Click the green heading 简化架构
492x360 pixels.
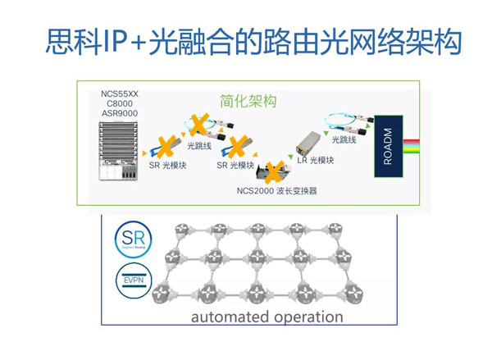point(248,102)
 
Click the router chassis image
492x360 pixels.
point(119,152)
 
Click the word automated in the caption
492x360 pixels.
point(226,317)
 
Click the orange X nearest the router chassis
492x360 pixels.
point(164,148)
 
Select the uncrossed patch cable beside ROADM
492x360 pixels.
point(345,123)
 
